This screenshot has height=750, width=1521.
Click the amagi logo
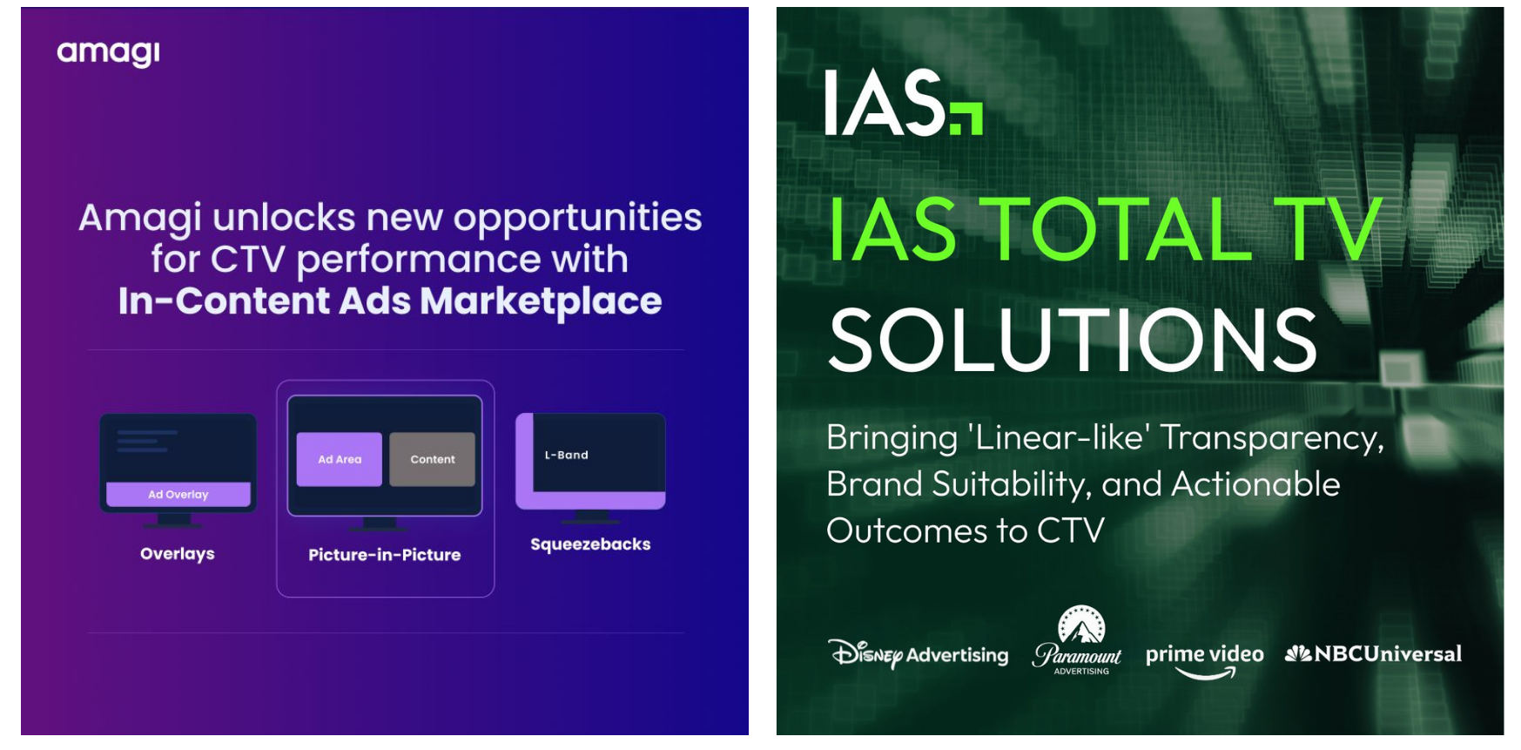click(108, 53)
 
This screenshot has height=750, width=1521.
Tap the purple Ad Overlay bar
click(178, 494)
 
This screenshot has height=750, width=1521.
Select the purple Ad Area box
click(339, 459)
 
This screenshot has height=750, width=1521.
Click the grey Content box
click(432, 459)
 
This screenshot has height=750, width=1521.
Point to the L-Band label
click(567, 455)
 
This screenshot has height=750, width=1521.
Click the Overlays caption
click(178, 554)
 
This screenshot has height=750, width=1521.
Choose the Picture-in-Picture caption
click(385, 555)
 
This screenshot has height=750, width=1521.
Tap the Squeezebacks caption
click(590, 544)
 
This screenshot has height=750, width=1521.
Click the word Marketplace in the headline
click(541, 301)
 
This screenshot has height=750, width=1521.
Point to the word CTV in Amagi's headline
click(248, 260)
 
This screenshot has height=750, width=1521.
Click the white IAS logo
click(885, 103)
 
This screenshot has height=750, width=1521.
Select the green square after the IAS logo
click(966, 118)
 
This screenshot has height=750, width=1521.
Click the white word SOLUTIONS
click(1073, 339)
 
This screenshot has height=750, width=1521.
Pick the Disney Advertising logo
click(919, 654)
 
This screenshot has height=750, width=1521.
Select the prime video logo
click(1204, 660)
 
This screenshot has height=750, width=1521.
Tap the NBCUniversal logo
click(1373, 653)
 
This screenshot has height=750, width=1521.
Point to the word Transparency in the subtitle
click(1272, 438)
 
